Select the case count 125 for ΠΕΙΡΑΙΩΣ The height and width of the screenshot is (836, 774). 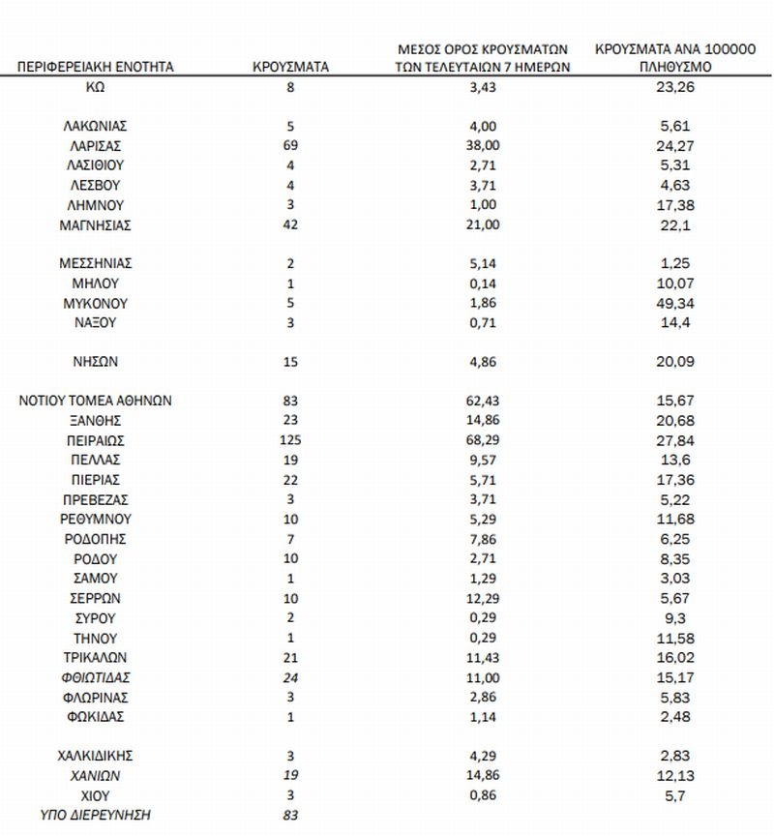(x=291, y=440)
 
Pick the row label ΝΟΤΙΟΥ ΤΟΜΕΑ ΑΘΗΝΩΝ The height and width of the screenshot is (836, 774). (x=96, y=401)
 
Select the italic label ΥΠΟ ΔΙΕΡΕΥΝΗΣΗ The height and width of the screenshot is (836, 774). (x=96, y=815)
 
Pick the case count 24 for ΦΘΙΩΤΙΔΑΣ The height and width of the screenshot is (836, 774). (x=291, y=677)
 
